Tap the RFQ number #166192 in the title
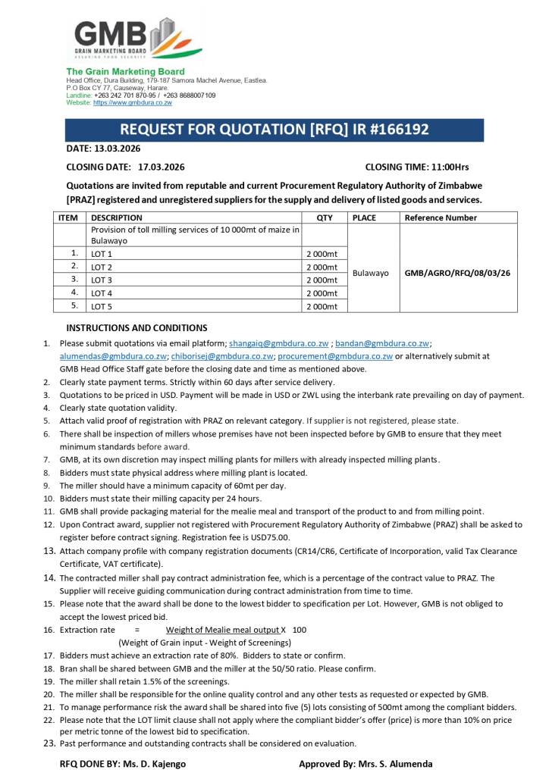(x=392, y=130)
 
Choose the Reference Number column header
(x=441, y=217)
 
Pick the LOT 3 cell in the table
(x=102, y=280)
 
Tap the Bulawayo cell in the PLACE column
(x=372, y=273)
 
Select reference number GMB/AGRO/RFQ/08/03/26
(x=458, y=273)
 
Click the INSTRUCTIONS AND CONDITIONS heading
(x=136, y=328)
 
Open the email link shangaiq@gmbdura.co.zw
(x=278, y=343)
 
